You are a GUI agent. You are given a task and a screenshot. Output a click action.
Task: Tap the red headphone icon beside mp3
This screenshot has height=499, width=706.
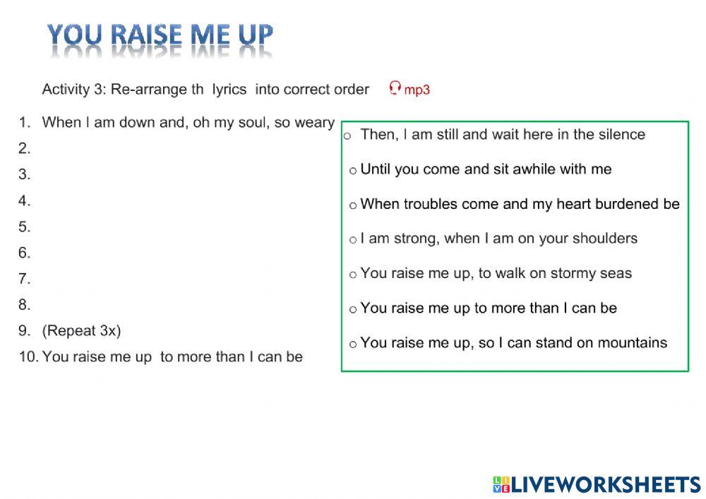coord(395,88)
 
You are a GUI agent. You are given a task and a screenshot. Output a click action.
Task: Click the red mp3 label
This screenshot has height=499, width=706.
coord(417,90)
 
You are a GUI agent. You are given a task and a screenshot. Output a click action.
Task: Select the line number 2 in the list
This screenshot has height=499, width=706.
coord(25,148)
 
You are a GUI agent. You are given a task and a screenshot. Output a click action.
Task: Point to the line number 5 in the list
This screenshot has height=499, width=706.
coord(25,227)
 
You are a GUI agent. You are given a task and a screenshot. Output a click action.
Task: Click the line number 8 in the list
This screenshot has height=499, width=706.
coord(25,305)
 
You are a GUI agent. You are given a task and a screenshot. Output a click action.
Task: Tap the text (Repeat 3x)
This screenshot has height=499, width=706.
coord(81,330)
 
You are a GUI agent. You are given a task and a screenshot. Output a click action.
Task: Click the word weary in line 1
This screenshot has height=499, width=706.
coord(314,123)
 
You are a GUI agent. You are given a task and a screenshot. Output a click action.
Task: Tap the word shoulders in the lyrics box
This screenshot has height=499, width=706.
coord(605,239)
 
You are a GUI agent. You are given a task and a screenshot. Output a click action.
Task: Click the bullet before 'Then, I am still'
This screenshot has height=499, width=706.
coord(347,136)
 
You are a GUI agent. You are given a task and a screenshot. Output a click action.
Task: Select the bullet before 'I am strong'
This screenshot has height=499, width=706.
coord(353,240)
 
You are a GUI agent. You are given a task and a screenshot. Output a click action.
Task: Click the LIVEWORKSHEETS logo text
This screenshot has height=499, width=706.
coord(606,483)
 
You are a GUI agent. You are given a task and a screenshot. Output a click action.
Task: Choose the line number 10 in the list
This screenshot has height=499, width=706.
coord(28,357)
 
